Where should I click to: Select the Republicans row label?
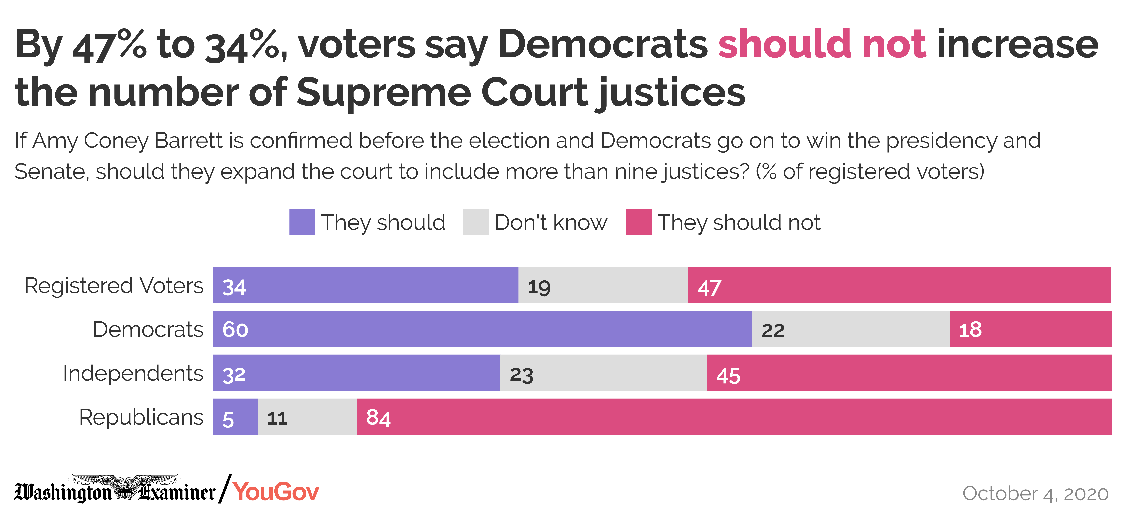tap(141, 417)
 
